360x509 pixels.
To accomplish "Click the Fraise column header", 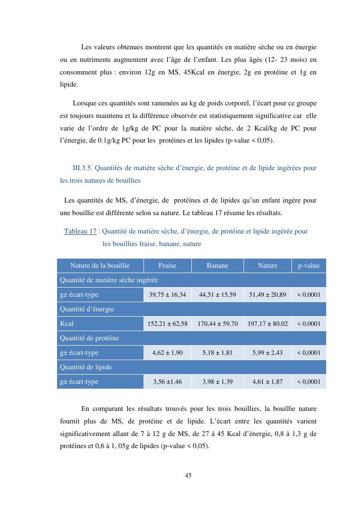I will pyautogui.click(x=167, y=265).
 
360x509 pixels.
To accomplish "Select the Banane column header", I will pyautogui.click(x=217, y=265).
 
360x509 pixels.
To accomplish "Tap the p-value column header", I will pyautogui.click(x=309, y=265).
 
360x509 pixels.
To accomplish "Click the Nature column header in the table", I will pyautogui.click(x=268, y=265).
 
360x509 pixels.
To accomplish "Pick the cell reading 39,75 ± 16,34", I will pyautogui.click(x=167, y=294).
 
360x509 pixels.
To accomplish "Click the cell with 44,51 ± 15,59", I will pyautogui.click(x=217, y=294).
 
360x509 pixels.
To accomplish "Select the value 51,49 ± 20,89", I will pyautogui.click(x=268, y=294).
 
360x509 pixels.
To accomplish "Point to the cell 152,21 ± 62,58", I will pyautogui.click(x=167, y=323).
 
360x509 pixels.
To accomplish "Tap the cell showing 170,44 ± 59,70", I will pyautogui.click(x=217, y=323).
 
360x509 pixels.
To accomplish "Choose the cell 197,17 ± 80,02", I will pyautogui.click(x=268, y=323).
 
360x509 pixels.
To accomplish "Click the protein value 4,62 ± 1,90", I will pyautogui.click(x=167, y=352).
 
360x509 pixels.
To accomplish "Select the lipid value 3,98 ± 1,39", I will pyautogui.click(x=217, y=381).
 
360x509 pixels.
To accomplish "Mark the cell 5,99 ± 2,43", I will pyautogui.click(x=268, y=352).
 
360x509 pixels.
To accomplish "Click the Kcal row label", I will pyautogui.click(x=67, y=323).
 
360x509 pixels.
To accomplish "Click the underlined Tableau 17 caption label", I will pyautogui.click(x=80, y=231).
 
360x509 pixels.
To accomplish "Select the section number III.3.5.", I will pyautogui.click(x=83, y=168).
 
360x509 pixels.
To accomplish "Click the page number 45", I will pyautogui.click(x=188, y=475).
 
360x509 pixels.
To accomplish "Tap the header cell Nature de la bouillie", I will pyautogui.click(x=100, y=265).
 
